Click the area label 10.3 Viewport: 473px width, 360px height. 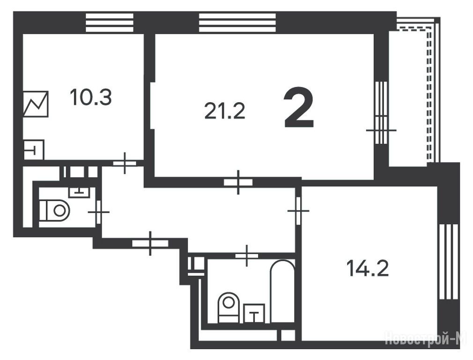pyautogui.click(x=90, y=97)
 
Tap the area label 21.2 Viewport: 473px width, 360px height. pyautogui.click(x=225, y=111)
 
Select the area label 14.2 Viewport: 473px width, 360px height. pyautogui.click(x=368, y=268)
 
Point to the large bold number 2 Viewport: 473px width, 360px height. pyautogui.click(x=299, y=107)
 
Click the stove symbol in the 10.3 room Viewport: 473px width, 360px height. pyautogui.click(x=36, y=104)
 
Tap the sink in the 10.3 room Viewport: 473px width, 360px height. pyautogui.click(x=34, y=150)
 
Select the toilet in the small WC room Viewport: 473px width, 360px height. pyautogui.click(x=54, y=210)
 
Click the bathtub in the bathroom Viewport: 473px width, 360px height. pyautogui.click(x=282, y=291)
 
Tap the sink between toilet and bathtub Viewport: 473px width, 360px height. pyautogui.click(x=254, y=313)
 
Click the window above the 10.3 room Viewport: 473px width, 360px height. pyautogui.click(x=110, y=22)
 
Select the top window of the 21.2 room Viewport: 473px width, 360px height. pyautogui.click(x=237, y=22)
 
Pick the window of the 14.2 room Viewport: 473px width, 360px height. pyautogui.click(x=448, y=262)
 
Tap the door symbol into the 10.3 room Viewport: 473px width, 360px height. pyautogui.click(x=125, y=163)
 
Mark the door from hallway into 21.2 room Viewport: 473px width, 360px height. pyautogui.click(x=238, y=182)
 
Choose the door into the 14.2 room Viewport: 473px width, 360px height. pyautogui.click(x=298, y=210)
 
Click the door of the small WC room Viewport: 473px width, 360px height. pyautogui.click(x=98, y=212)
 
